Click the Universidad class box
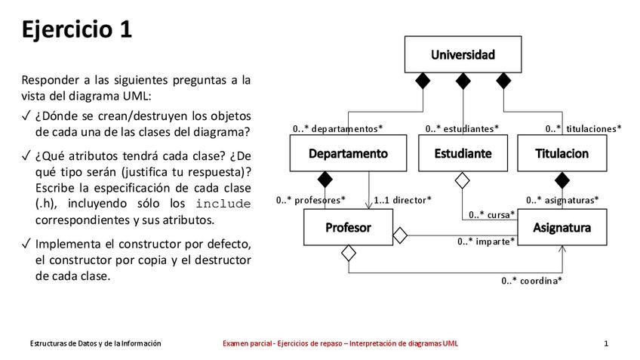coord(463,54)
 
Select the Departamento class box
coord(348,153)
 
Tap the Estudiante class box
coord(463,153)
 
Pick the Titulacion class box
coord(562,153)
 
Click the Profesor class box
coord(347,227)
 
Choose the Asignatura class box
coord(562,227)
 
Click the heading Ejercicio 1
coord(77,29)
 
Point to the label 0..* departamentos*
coord(337,128)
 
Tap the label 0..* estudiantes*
coord(462,128)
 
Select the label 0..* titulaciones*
coord(583,128)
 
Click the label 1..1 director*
coord(403,200)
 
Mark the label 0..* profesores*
coord(311,200)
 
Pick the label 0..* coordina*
coord(532,280)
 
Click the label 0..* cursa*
coord(492,214)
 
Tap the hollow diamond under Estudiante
coord(463,180)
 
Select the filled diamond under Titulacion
coord(562,180)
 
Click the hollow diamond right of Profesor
coord(400,235)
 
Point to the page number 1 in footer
coord(606,343)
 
